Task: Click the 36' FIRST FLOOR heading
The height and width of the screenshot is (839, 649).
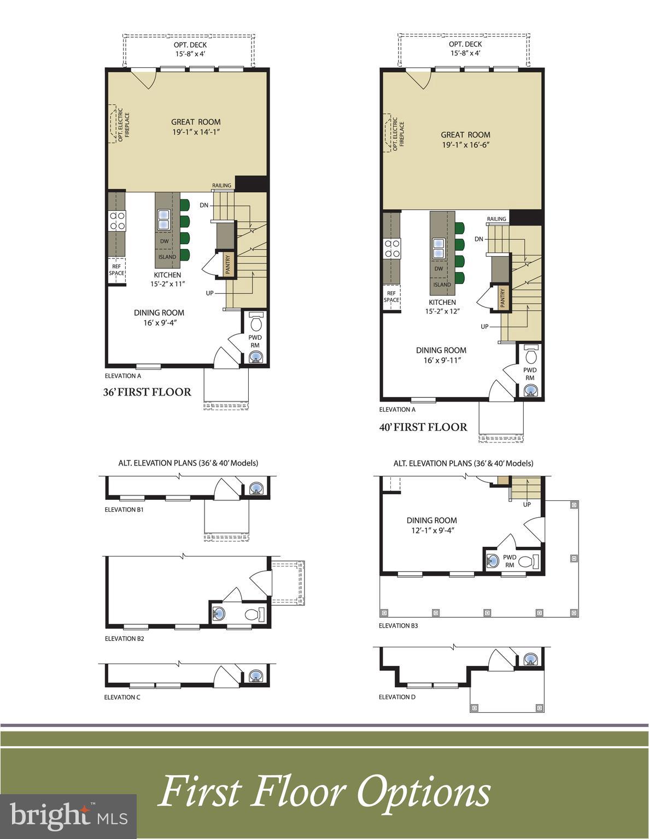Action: tap(147, 392)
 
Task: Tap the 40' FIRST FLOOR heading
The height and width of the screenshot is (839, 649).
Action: tap(423, 427)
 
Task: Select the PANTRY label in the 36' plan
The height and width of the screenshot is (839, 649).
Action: tap(228, 264)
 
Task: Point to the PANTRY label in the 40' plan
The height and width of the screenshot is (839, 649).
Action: tap(502, 298)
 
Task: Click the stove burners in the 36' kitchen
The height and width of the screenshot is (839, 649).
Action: tap(117, 221)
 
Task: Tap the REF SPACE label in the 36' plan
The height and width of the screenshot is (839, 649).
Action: tap(116, 270)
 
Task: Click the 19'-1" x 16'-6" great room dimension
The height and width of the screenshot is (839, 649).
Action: tap(465, 145)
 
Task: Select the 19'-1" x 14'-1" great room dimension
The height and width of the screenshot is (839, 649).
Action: tap(196, 132)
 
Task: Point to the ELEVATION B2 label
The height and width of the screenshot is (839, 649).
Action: tap(124, 638)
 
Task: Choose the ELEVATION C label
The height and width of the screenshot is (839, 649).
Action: tap(122, 697)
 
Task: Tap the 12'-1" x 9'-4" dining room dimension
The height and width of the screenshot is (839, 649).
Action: tap(431, 530)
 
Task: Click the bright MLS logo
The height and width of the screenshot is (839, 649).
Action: tap(68, 816)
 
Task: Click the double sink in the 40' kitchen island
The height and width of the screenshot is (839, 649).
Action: tap(438, 249)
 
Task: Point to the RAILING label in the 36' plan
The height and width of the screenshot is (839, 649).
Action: tap(221, 186)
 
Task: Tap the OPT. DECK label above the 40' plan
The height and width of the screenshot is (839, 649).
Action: tap(465, 44)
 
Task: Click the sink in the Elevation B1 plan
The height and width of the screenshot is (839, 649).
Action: tap(255, 488)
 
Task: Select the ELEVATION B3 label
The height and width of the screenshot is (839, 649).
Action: tap(398, 625)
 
